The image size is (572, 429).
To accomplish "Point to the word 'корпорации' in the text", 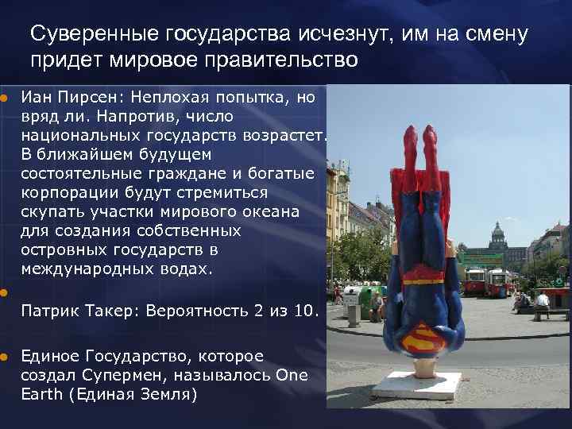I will pos(68,193).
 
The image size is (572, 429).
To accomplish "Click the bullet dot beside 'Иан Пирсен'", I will pos(4,99).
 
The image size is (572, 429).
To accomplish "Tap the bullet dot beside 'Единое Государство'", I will pos(4,357).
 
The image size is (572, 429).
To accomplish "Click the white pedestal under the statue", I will pos(417,385).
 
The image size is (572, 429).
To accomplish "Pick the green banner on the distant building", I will pos(480,257).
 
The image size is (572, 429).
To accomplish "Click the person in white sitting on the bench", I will pos(542,300).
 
